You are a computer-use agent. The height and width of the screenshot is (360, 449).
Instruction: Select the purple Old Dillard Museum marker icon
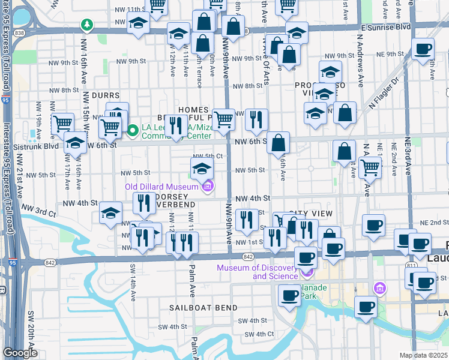tap(208, 187)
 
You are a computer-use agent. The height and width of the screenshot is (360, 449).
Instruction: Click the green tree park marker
tap(88, 25)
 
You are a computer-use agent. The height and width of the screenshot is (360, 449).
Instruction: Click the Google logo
tap(20, 353)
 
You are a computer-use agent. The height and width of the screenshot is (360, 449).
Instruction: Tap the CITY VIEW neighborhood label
tap(310, 214)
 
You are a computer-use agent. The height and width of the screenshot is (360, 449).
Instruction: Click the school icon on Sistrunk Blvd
tap(75, 143)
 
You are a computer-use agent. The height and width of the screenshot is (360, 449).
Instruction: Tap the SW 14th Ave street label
tap(133, 281)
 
